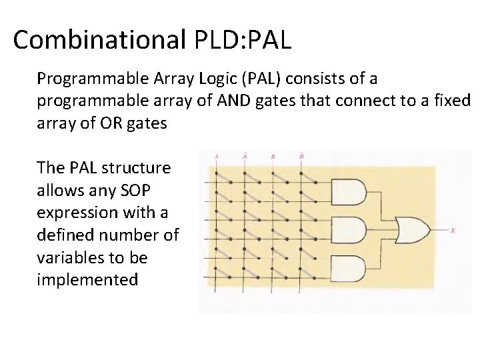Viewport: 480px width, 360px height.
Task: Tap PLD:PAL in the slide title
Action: tap(244, 40)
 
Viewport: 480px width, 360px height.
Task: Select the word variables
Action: tap(72, 257)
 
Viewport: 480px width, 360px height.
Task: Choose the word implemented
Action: tap(87, 280)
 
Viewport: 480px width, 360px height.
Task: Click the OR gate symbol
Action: tap(412, 231)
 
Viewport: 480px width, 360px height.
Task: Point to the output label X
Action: tap(453, 231)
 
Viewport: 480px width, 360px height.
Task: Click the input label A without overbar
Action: tap(217, 157)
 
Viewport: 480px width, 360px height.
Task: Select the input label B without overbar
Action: tap(273, 157)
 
